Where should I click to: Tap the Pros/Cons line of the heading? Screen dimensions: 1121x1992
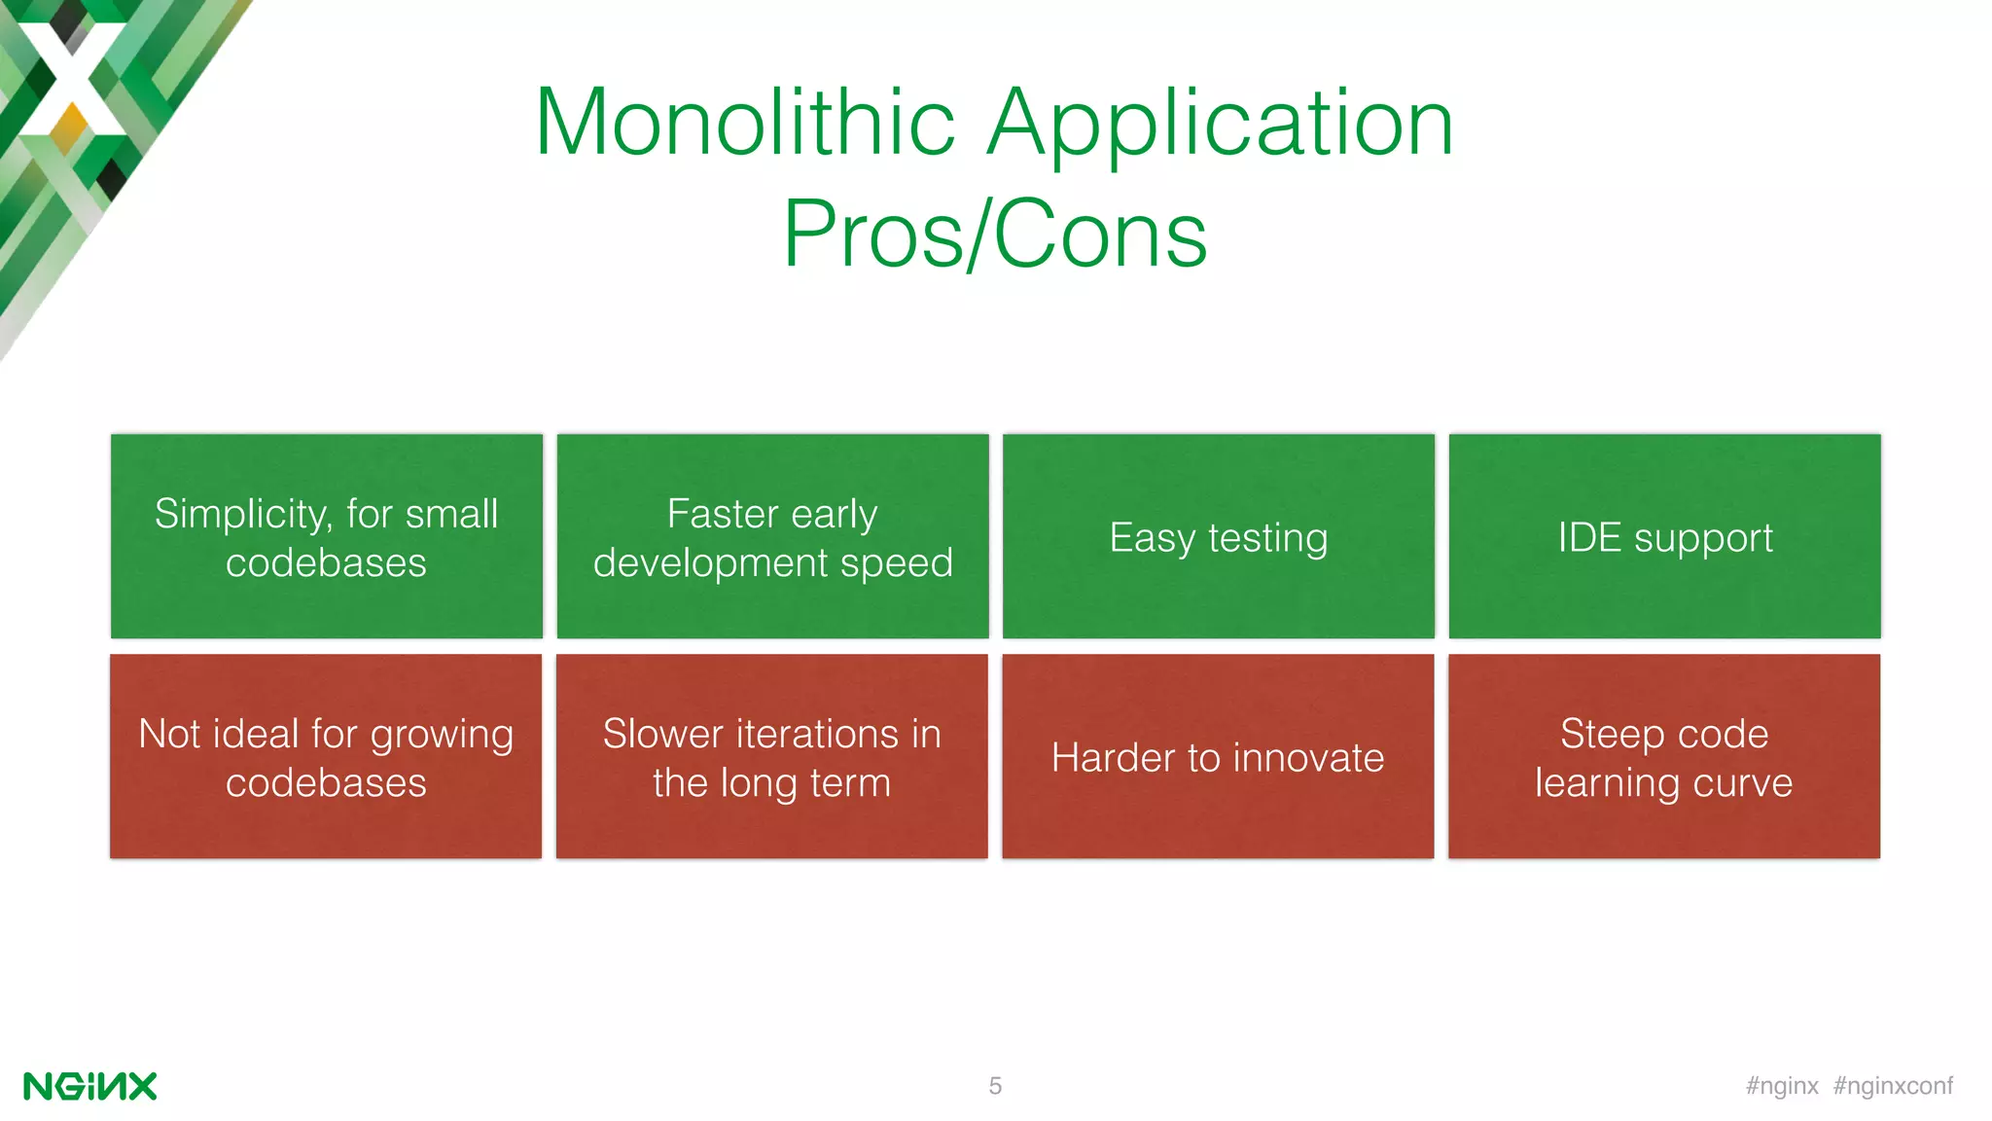pos(995,234)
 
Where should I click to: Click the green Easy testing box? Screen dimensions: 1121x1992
pos(1218,537)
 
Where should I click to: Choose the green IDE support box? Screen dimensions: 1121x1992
pos(1664,537)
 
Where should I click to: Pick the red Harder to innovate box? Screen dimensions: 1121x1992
pos(1218,757)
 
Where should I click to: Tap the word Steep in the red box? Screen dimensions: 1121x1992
pos(1612,734)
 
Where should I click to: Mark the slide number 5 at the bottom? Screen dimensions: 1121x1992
pos(995,1086)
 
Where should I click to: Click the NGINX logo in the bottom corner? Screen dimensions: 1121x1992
pos(89,1086)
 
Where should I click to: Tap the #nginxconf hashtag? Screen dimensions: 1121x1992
pos(1893,1086)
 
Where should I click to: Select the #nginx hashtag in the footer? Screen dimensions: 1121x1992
pos(1782,1086)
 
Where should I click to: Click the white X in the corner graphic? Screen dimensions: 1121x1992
pos(70,78)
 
